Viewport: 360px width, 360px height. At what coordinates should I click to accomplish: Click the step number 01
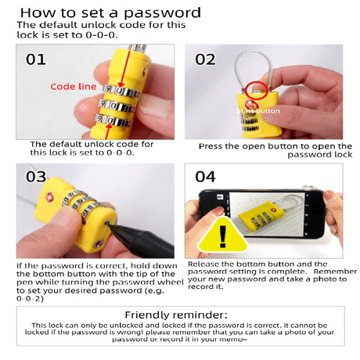pos(36,59)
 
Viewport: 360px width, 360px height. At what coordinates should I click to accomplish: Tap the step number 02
pos(205,59)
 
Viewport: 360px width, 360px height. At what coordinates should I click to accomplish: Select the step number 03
pos(36,177)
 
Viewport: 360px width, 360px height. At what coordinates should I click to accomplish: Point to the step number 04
pos(206,177)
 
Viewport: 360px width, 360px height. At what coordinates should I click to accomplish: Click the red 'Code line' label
pos(74,86)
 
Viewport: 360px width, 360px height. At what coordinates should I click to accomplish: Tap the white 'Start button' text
pos(258,111)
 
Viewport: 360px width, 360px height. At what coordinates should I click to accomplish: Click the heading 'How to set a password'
pos(110,13)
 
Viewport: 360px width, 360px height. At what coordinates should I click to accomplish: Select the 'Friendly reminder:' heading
pos(176,315)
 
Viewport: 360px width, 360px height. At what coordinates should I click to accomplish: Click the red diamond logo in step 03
pos(49,196)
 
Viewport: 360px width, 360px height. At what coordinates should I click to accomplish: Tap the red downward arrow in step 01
pos(124,69)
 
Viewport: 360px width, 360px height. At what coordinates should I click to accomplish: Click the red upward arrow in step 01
pos(108,131)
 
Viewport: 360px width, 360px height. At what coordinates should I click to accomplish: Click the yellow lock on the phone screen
pos(261,214)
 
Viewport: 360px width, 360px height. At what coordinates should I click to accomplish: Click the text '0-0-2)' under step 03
pos(30,298)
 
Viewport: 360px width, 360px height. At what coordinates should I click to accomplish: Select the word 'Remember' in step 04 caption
pos(335,272)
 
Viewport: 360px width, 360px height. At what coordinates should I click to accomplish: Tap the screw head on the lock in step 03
pos(98,244)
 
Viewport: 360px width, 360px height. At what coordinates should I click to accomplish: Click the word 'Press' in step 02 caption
pos(211,146)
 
